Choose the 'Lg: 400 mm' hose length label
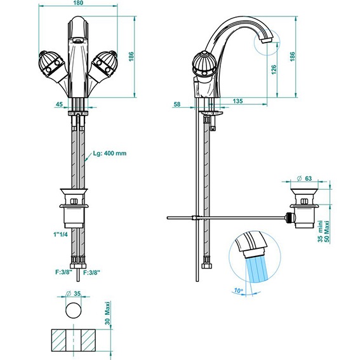(x=109, y=153)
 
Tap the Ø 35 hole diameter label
(x=75, y=294)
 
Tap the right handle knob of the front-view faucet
(x=104, y=63)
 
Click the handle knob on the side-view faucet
(x=206, y=63)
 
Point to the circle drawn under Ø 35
(x=75, y=310)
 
